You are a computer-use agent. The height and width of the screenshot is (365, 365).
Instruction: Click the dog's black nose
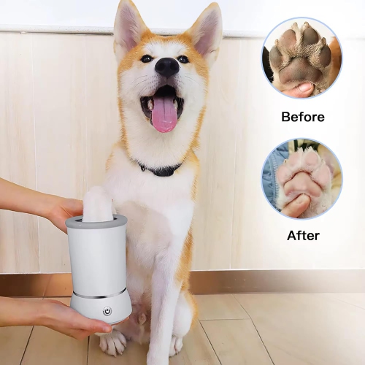166,68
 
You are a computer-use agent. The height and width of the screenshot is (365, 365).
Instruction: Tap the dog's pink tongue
164,114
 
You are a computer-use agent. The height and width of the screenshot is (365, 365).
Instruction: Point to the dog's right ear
204,29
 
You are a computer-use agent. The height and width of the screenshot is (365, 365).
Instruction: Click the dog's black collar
162,169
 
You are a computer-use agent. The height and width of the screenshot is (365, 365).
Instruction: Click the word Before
301,116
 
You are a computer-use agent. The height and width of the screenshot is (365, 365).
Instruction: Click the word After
301,237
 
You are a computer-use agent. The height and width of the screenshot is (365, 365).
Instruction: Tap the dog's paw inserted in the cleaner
97,204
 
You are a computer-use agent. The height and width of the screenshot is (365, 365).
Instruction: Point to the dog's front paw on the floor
115,342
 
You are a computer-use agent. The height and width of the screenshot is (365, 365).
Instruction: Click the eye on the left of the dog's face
147,58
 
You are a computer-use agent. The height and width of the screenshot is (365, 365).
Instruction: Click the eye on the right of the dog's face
182,59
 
